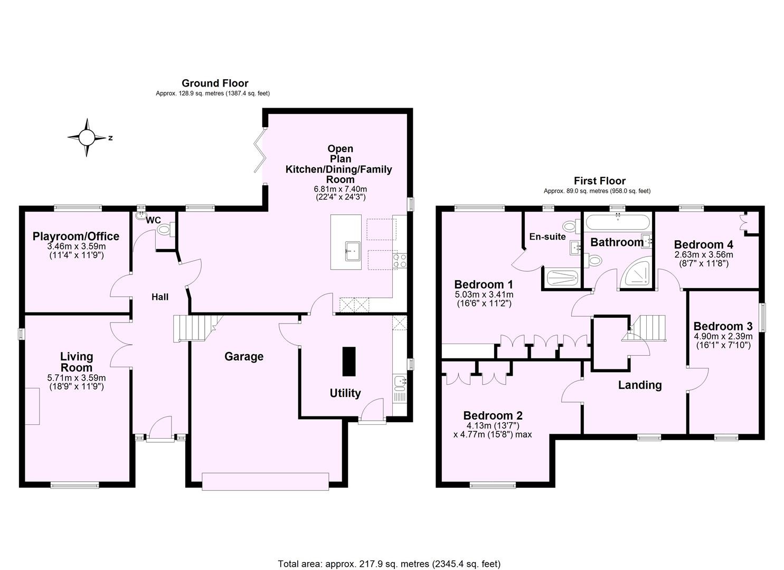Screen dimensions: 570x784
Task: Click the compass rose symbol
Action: click(87, 138)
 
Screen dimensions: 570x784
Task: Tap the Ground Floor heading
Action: click(215, 83)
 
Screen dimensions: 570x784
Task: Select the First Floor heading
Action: click(600, 180)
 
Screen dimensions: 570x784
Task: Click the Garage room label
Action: click(244, 357)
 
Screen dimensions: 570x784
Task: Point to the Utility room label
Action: click(345, 393)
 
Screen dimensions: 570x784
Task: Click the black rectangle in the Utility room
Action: click(348, 362)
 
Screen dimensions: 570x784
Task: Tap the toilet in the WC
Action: click(164, 229)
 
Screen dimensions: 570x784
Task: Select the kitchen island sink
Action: click(352, 250)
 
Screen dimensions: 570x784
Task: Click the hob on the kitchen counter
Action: click(400, 261)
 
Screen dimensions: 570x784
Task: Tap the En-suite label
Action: click(547, 237)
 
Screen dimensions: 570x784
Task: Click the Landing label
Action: click(640, 385)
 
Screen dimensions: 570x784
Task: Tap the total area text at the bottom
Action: click(389, 564)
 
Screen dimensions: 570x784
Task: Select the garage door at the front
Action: click(266, 481)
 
